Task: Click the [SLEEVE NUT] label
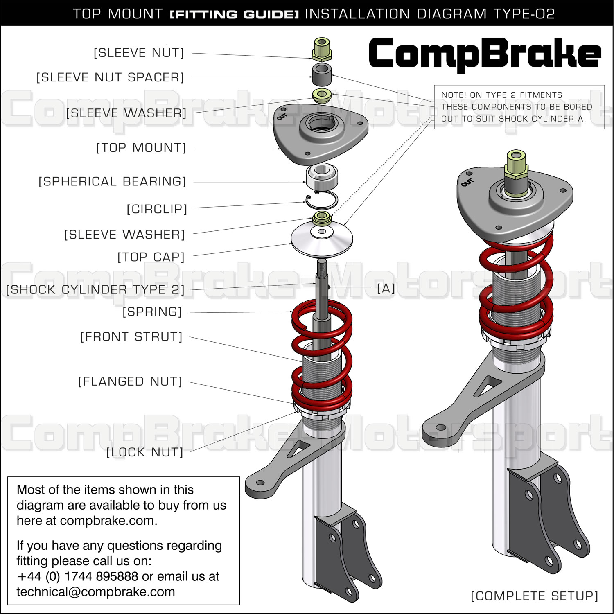[x=139, y=53]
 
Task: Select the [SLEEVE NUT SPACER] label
[x=110, y=77]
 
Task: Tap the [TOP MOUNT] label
[x=141, y=148]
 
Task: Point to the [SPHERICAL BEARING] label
[x=112, y=181]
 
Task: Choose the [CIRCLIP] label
[x=157, y=209]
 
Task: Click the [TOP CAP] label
[x=151, y=257]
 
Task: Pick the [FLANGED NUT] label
[x=130, y=381]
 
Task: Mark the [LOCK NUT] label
[x=144, y=452]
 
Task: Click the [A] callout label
[x=386, y=288]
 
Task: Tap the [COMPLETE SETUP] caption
[x=534, y=596]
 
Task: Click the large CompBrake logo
[x=485, y=54]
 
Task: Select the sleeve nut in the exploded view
[x=322, y=49]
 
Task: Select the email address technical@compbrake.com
[x=96, y=592]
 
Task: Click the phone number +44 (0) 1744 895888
[x=78, y=576]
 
